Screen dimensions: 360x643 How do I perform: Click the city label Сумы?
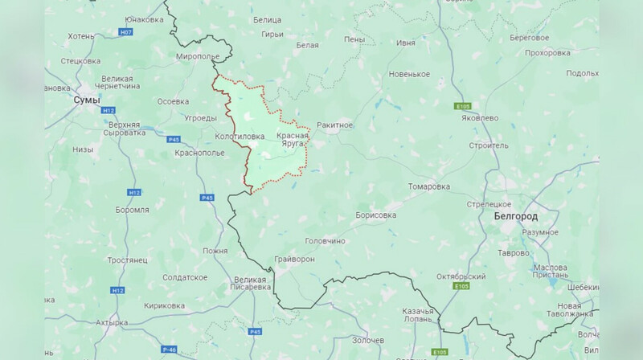tap(86, 100)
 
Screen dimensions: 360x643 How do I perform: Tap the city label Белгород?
tap(514, 217)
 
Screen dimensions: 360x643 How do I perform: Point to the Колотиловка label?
tap(240, 137)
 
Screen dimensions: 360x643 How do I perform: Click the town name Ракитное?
tap(335, 125)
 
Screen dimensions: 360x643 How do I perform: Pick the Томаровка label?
tap(428, 186)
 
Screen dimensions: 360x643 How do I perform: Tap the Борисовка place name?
tap(377, 215)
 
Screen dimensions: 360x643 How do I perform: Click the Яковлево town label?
tap(479, 117)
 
